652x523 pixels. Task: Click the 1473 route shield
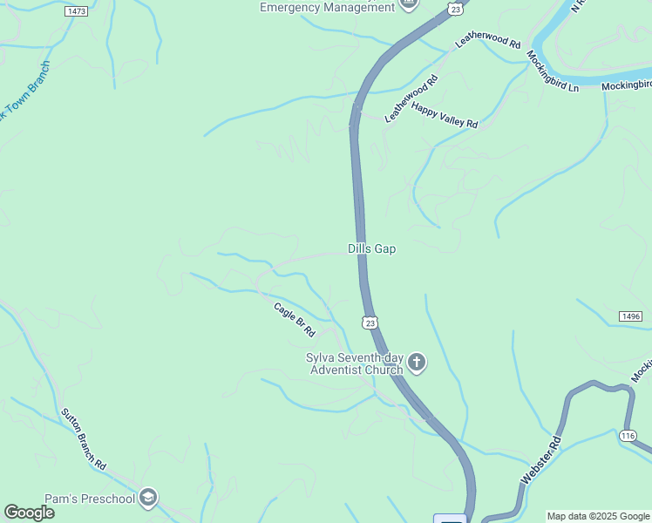76,11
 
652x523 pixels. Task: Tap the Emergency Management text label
327,8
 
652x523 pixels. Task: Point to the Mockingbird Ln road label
553,71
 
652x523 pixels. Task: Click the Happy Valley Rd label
445,116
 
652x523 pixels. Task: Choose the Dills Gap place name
371,249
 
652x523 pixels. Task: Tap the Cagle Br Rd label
294,319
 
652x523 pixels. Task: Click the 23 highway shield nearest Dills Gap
370,323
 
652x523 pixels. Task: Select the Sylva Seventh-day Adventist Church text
354,363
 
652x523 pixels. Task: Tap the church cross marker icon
417,363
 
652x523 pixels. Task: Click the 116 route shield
628,435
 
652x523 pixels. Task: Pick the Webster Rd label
538,463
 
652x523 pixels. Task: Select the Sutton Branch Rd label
84,439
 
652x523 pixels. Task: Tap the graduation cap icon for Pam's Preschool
148,498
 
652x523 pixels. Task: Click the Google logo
29,513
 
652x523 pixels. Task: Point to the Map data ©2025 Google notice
598,516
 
